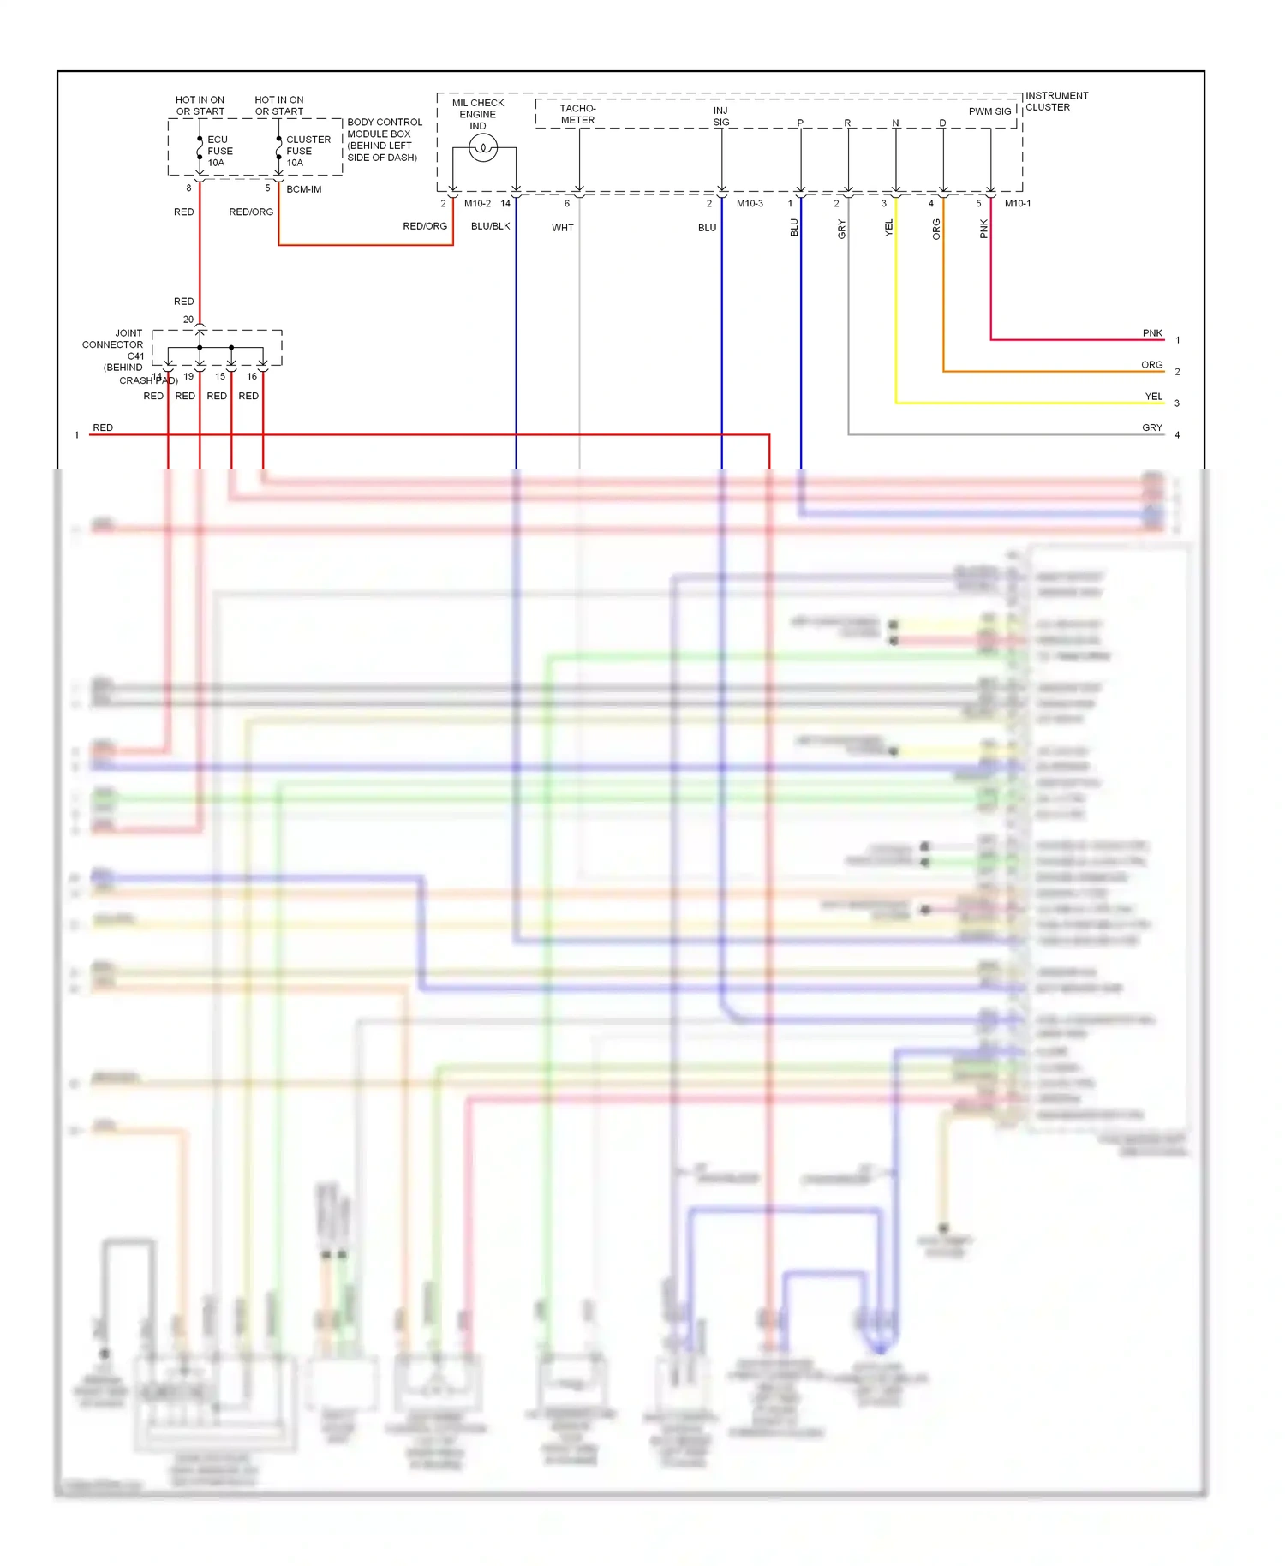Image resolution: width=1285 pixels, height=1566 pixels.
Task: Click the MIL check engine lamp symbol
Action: coord(483,149)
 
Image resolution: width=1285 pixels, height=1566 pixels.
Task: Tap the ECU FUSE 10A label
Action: coord(219,151)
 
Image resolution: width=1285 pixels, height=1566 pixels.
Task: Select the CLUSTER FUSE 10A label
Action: coord(308,151)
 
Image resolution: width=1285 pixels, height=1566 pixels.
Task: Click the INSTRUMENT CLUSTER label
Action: coord(1056,101)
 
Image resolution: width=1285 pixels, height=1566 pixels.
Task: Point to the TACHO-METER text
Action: coord(577,114)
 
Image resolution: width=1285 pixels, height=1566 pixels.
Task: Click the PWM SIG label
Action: coord(989,111)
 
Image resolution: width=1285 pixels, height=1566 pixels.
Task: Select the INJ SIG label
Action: coord(721,116)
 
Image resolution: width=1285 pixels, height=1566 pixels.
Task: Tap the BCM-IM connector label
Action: coord(303,189)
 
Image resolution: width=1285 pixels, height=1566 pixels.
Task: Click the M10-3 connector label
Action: coord(750,203)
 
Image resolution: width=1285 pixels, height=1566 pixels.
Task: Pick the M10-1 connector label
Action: coord(1018,203)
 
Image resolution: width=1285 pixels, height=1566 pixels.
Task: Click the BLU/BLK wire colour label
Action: coord(490,226)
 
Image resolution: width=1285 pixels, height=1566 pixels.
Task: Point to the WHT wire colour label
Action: coord(562,228)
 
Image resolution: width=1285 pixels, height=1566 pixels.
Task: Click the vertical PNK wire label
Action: coord(983,229)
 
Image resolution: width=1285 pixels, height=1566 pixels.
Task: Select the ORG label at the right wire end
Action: coord(1151,365)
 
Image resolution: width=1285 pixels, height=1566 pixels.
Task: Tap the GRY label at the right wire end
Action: coord(1151,427)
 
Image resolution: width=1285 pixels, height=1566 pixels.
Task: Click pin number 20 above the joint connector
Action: coord(188,320)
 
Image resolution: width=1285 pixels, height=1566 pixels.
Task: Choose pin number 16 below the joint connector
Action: coord(252,376)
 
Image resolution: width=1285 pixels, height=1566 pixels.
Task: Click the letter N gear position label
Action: coord(895,123)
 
